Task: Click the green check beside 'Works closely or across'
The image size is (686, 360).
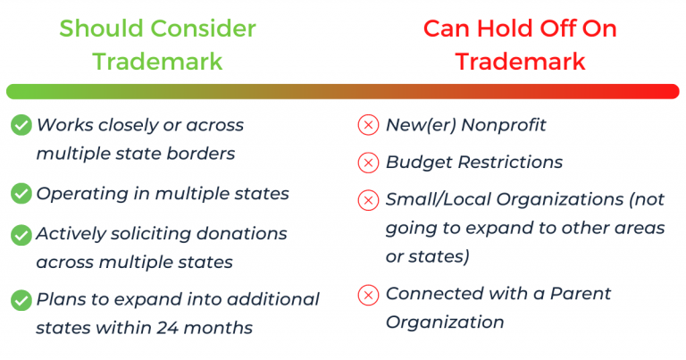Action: pos(21,125)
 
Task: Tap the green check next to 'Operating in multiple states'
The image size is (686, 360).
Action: pos(21,193)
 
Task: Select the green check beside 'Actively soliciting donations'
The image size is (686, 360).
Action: pos(21,235)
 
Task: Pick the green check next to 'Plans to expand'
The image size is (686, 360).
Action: pos(21,300)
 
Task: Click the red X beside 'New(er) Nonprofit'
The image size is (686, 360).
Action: pos(368,125)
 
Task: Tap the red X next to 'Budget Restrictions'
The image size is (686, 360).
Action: pos(368,163)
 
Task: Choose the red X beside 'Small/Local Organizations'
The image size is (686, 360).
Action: pos(368,200)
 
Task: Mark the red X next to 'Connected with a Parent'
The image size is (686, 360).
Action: pos(368,295)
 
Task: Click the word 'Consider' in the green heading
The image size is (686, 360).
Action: pos(204,29)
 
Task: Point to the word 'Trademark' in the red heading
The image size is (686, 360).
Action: pos(520,62)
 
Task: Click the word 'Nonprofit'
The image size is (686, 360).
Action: pos(504,125)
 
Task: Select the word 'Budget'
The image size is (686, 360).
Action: pos(419,163)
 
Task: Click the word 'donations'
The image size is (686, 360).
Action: pos(241,233)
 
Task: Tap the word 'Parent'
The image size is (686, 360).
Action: pos(580,294)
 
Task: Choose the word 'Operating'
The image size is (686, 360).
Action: pos(82,194)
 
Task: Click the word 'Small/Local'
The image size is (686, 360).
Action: pos(439,199)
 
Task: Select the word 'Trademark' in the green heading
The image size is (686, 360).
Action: pos(157,62)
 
